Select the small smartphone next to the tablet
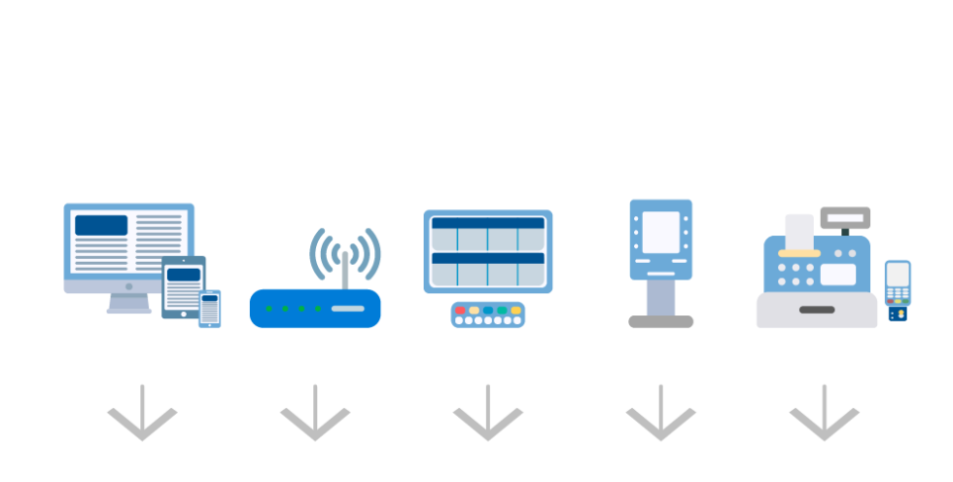(210, 309)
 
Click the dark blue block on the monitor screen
(101, 225)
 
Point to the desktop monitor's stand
(128, 304)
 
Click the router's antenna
(345, 268)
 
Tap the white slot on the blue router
(348, 309)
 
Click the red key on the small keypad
(460, 310)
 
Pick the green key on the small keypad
(502, 310)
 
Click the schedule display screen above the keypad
(488, 251)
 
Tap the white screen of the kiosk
(661, 232)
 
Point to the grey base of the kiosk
(661, 321)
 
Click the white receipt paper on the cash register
(799, 231)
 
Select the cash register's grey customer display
(845, 217)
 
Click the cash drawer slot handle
(817, 310)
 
